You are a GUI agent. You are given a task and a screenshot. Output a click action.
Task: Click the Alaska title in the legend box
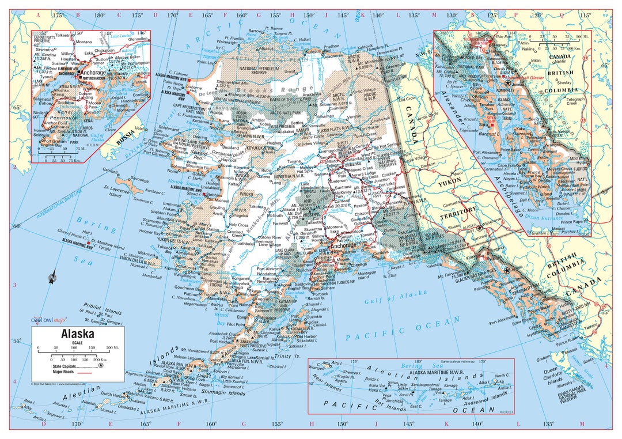click(x=78, y=334)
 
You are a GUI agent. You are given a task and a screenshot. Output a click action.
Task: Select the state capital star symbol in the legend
click(x=101, y=365)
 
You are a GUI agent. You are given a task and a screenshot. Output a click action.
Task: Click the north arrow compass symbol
click(x=52, y=278)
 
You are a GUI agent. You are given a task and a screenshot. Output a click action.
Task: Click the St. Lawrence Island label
click(x=116, y=191)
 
